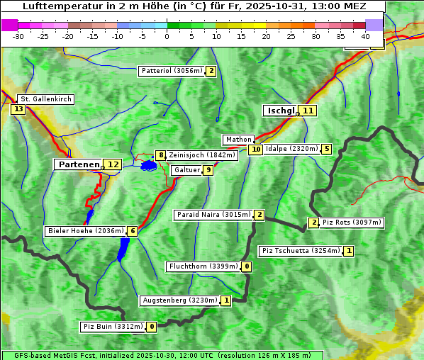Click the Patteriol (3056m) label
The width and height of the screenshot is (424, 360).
pos(172,71)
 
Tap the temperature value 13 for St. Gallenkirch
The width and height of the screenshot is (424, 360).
pos(18,109)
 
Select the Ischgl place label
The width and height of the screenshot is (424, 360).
pos(280,111)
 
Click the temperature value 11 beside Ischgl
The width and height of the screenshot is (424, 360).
pos(307,111)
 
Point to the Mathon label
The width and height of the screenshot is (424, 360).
pos(238,140)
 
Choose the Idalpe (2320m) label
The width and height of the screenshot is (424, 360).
pos(291,149)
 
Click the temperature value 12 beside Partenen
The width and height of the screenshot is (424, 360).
pos(113,164)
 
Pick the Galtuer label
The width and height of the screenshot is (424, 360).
pos(186,170)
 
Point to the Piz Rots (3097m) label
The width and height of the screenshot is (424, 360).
pos(352,223)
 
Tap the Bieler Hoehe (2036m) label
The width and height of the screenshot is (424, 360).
pos(85,231)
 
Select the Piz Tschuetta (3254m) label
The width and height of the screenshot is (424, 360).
pos(301,251)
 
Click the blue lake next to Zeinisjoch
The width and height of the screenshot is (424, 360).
pos(148,166)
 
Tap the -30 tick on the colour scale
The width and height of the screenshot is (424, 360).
pos(18,35)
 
